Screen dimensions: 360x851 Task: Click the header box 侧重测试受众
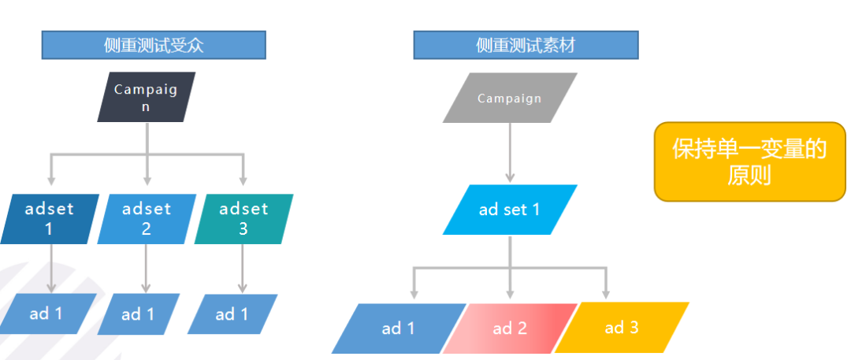click(154, 45)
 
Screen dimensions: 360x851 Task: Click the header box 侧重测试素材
click(526, 45)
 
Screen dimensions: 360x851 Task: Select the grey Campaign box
click(510, 98)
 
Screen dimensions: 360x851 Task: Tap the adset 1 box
click(49, 218)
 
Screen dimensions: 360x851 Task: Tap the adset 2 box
click(147, 218)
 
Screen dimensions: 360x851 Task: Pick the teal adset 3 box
click(243, 218)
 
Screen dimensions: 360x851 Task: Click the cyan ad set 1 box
click(510, 210)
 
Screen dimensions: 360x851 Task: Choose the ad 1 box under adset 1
click(47, 314)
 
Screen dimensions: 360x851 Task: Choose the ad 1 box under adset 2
click(139, 314)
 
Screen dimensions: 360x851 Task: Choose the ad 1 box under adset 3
click(232, 314)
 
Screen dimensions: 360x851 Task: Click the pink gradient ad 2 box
click(510, 328)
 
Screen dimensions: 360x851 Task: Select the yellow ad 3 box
click(622, 327)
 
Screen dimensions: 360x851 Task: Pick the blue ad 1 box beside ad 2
click(398, 328)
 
